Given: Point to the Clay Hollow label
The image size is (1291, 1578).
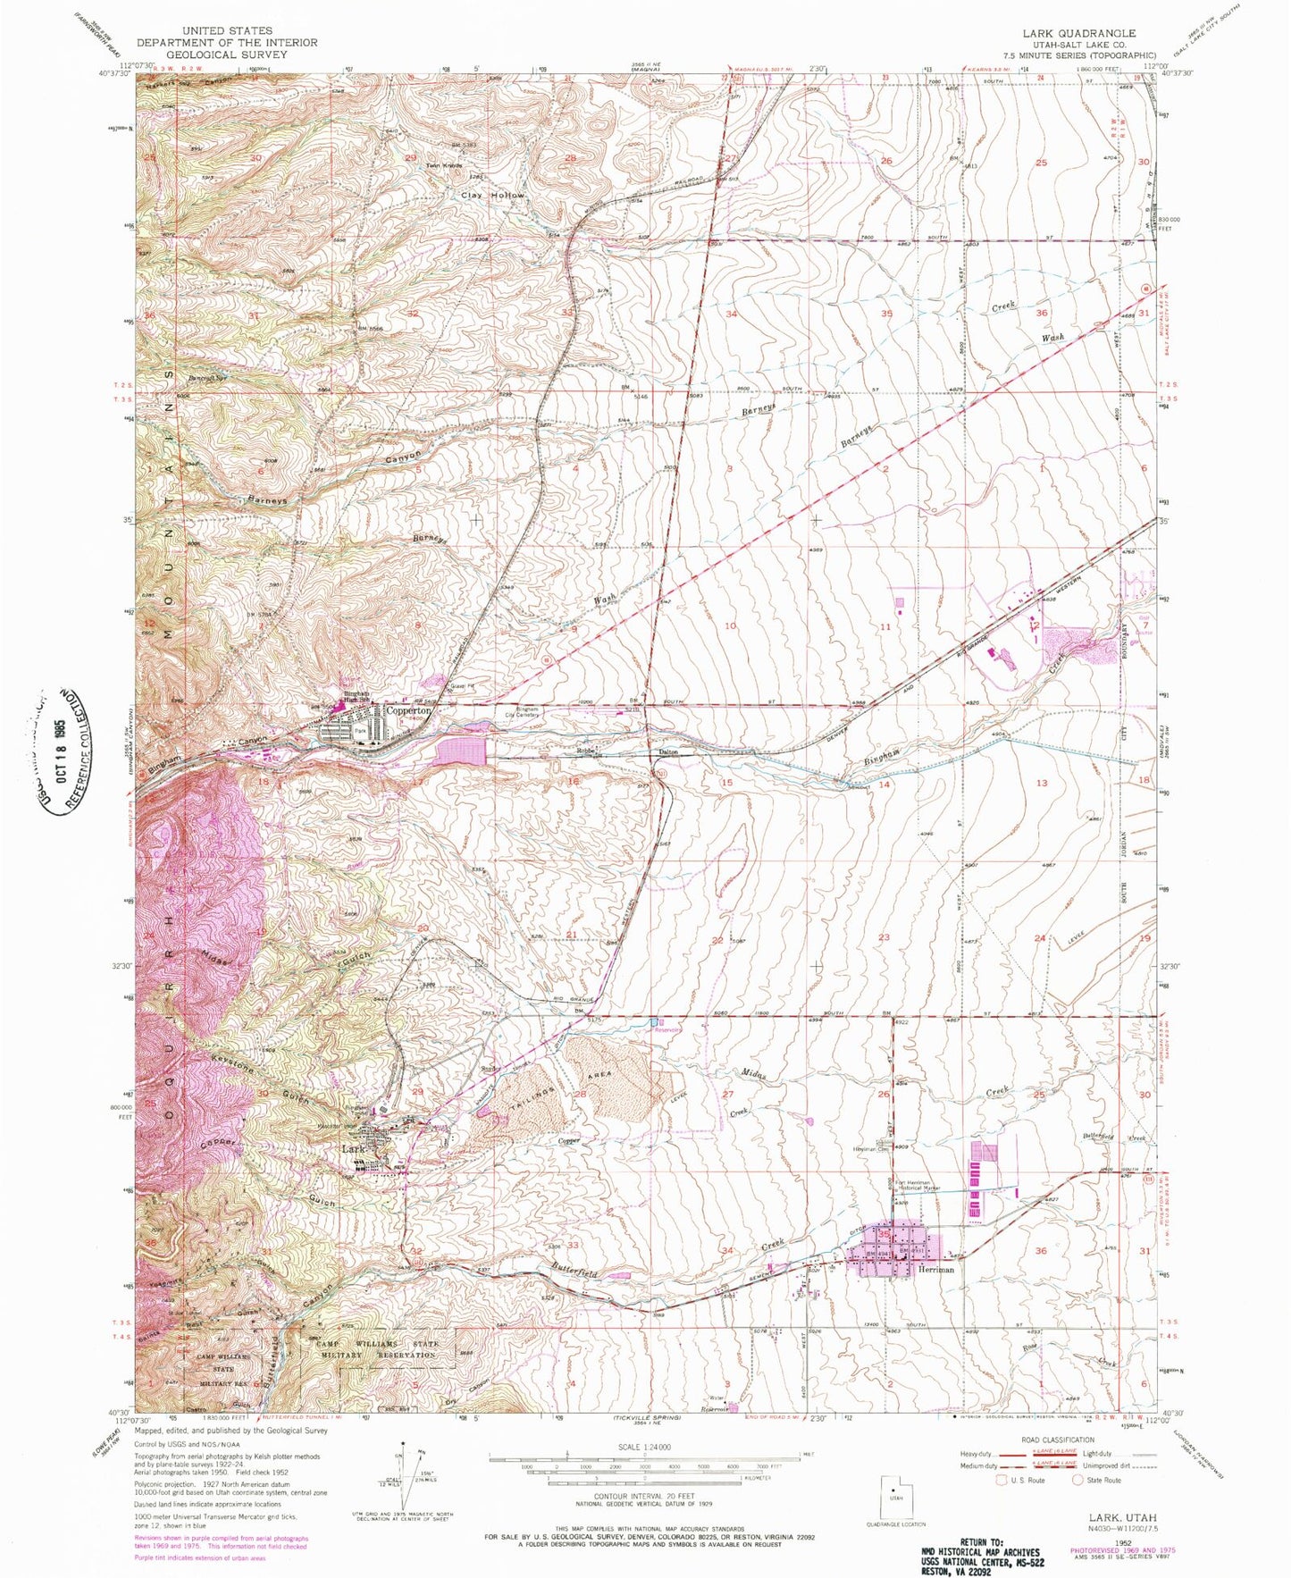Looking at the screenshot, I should point(492,195).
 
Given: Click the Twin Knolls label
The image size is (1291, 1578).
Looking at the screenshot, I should point(444,165).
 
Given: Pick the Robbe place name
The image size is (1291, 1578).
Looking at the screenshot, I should point(585,751).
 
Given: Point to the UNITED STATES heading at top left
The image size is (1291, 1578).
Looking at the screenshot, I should point(227,30).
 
